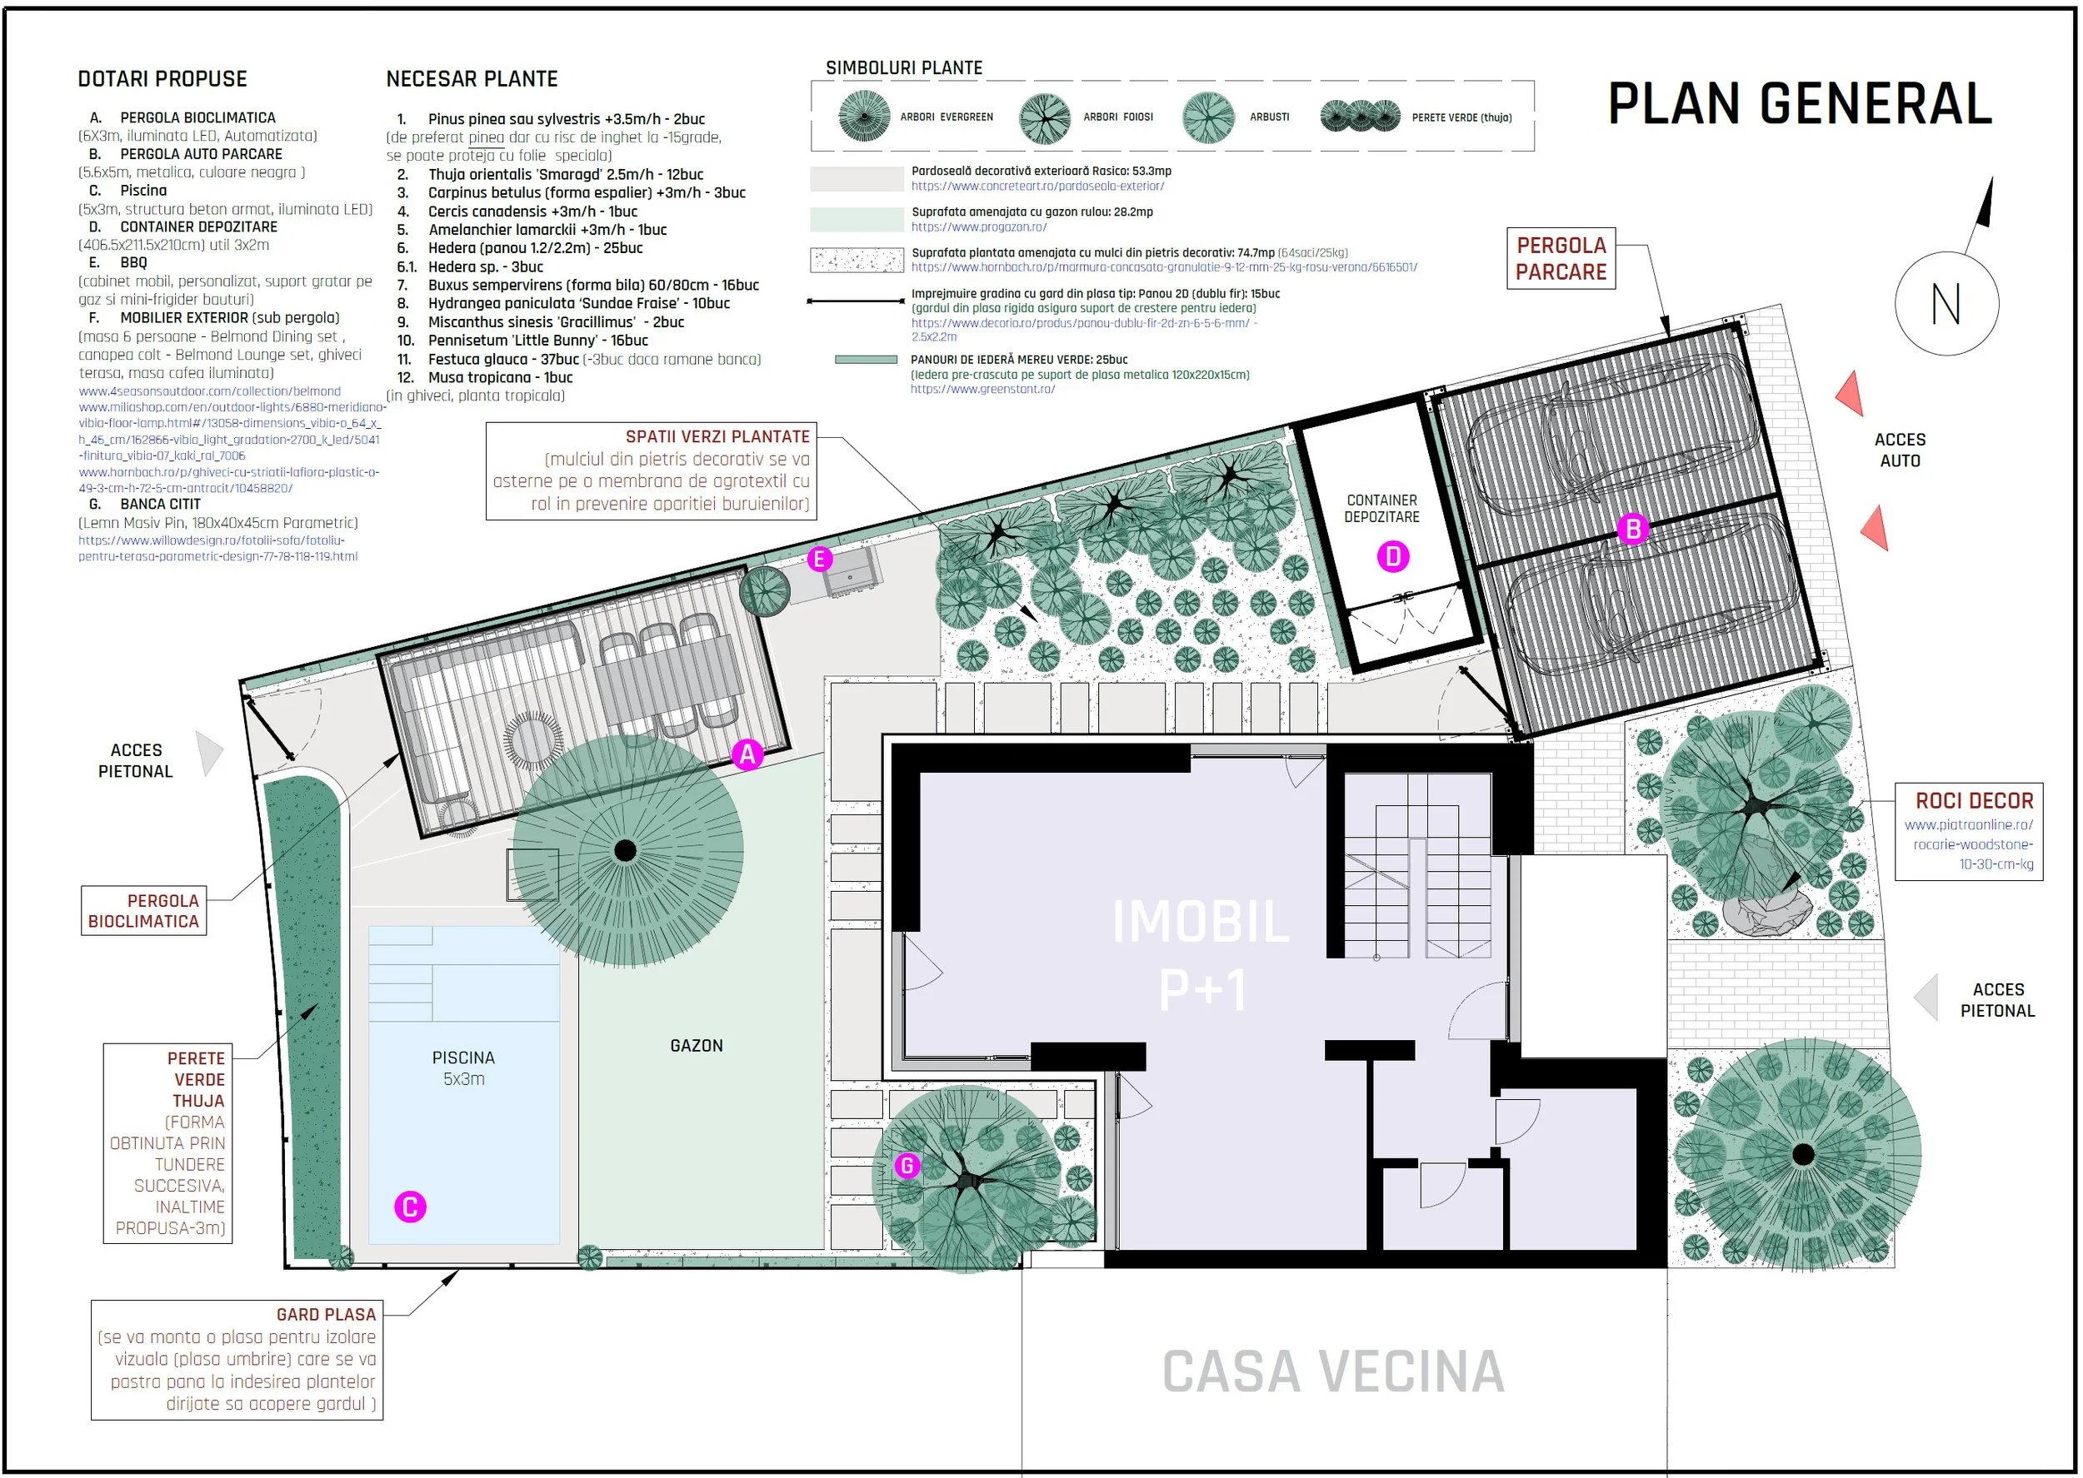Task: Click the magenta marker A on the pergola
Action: point(747,754)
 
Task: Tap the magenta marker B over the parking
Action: point(1632,529)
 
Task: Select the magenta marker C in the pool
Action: point(410,1207)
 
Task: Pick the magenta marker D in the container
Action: point(1393,556)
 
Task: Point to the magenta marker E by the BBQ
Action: point(819,559)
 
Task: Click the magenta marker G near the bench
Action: point(907,1165)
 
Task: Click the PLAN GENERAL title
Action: point(1800,104)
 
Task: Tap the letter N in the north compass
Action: point(1946,303)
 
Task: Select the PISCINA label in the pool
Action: point(463,1057)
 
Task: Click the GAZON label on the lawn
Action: point(697,1046)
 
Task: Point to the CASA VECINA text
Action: point(1333,1371)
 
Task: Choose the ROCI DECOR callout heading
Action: point(1974,801)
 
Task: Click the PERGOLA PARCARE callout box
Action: point(1561,258)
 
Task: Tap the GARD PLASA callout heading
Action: point(326,1314)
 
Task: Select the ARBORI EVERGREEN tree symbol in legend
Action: point(864,117)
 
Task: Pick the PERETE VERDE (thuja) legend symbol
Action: point(1360,116)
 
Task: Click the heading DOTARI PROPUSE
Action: point(162,79)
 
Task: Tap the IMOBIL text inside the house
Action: point(1201,922)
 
